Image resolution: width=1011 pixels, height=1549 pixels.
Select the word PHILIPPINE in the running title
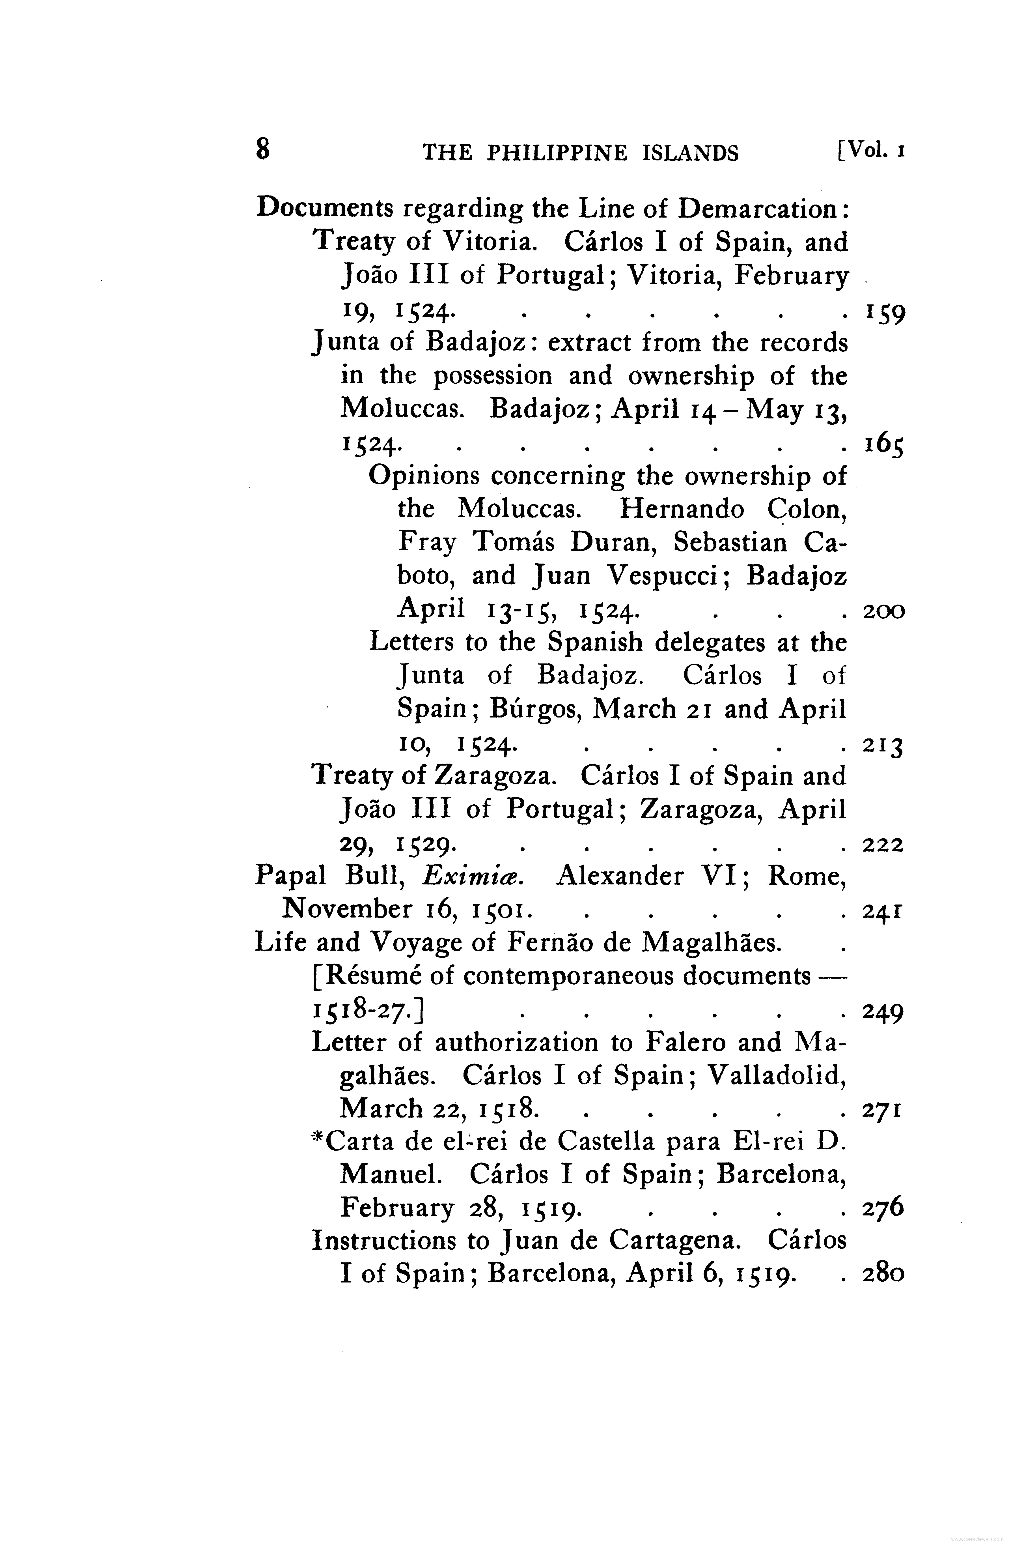tap(558, 153)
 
